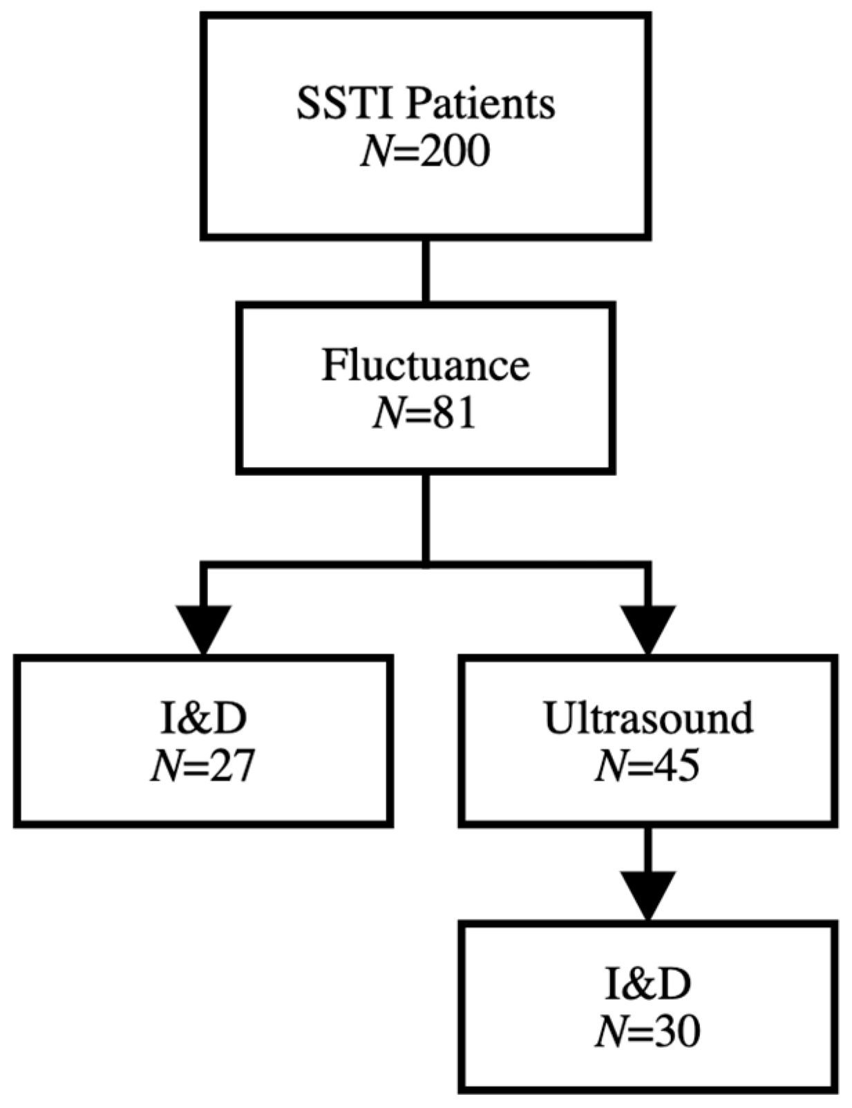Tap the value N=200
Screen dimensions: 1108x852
click(x=426, y=152)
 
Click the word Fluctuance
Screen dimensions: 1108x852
click(x=426, y=365)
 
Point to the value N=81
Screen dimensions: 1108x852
click(x=426, y=414)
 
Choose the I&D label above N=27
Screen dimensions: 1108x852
click(x=203, y=718)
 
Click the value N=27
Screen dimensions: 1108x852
click(x=203, y=767)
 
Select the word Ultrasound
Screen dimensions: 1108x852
click(x=648, y=718)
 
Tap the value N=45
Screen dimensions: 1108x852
click(x=648, y=767)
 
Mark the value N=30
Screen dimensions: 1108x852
click(x=648, y=1032)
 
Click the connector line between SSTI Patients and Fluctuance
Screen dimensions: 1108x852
click(x=426, y=271)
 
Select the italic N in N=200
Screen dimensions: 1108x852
click(x=377, y=152)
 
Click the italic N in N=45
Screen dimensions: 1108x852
click(x=611, y=767)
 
